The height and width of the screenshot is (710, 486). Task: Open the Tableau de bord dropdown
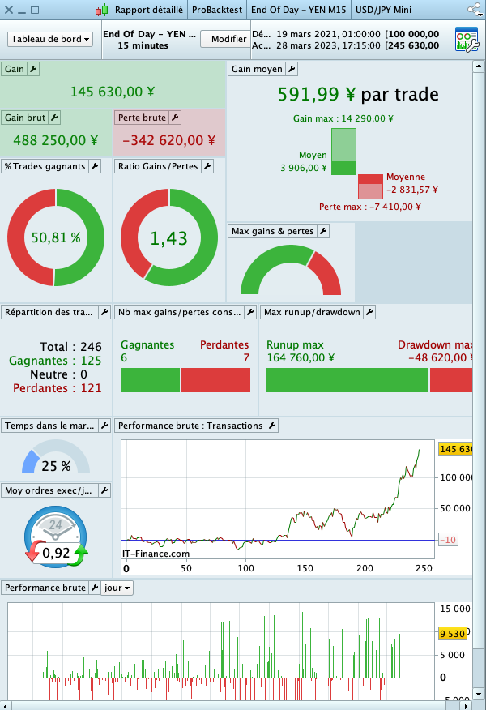(x=50, y=39)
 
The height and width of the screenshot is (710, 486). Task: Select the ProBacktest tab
(x=217, y=10)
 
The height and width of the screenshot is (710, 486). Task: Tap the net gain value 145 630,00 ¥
(x=112, y=92)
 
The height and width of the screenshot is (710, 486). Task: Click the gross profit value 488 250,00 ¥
(x=55, y=140)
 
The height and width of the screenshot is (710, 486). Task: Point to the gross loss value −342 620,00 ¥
(x=168, y=140)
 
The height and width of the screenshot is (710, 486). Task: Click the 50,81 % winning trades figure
(x=56, y=238)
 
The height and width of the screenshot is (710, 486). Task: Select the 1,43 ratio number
(x=169, y=238)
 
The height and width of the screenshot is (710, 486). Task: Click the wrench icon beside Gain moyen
(x=292, y=69)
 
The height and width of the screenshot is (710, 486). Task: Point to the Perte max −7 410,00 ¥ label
(x=370, y=207)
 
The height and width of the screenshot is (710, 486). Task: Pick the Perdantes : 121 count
(x=58, y=388)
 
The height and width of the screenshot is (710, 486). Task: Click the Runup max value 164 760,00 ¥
(x=301, y=357)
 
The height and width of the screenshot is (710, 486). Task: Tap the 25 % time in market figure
(x=56, y=466)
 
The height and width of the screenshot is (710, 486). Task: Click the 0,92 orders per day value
(x=56, y=554)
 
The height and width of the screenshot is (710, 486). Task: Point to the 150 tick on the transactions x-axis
(x=305, y=569)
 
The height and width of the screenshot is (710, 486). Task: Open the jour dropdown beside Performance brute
(x=117, y=588)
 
